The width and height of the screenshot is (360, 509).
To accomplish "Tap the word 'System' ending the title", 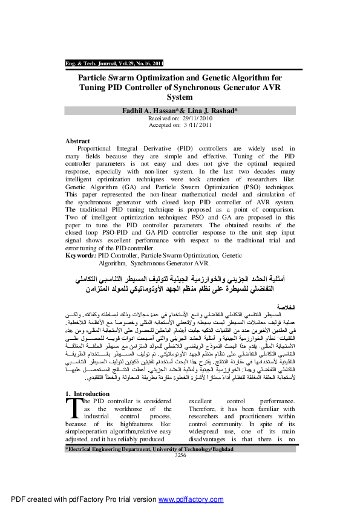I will coord(180,97).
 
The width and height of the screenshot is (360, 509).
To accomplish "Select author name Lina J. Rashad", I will coord(213,111).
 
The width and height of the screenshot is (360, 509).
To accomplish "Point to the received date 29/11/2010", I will coord(192,118).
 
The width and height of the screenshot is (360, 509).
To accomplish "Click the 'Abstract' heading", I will coord(77,141).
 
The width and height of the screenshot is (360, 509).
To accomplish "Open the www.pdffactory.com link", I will coord(189,500).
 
